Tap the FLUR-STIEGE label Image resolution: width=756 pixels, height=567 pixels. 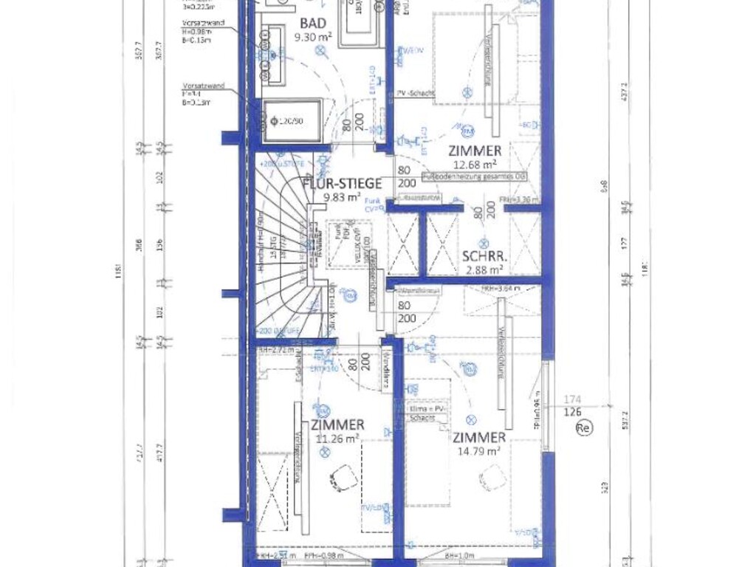(x=341, y=184)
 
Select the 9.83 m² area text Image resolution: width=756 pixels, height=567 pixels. (x=341, y=197)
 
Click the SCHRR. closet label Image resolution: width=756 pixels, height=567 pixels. (x=484, y=257)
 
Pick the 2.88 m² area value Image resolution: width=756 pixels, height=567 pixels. (x=484, y=270)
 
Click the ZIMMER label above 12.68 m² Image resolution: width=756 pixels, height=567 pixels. (x=475, y=151)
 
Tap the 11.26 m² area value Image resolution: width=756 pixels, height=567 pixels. (x=337, y=439)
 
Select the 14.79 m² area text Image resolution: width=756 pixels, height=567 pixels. (x=479, y=451)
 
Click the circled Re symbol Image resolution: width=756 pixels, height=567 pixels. (x=584, y=427)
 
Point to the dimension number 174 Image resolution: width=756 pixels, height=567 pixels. (x=573, y=399)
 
